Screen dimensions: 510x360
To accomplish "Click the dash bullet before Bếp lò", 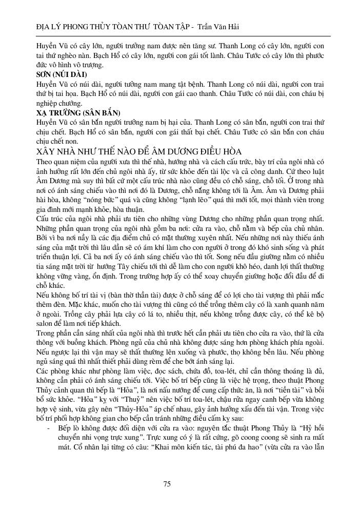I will pyautogui.click(x=48, y=428).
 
